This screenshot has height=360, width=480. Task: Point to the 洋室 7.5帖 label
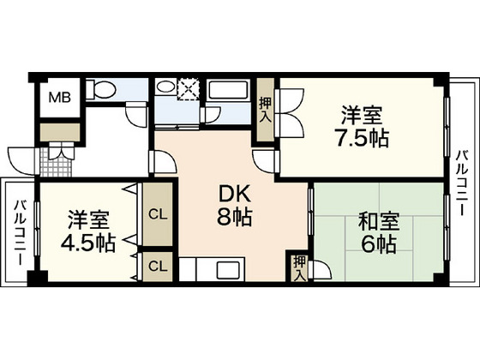point(360,126)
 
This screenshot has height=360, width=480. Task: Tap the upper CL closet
point(156,212)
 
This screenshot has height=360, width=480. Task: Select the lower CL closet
point(156,265)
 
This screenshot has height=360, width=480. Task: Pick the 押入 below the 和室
point(298,267)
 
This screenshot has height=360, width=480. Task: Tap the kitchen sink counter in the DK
point(213,268)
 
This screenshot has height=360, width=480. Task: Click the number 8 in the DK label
point(221,217)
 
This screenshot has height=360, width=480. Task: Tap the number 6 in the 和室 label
point(362,245)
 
